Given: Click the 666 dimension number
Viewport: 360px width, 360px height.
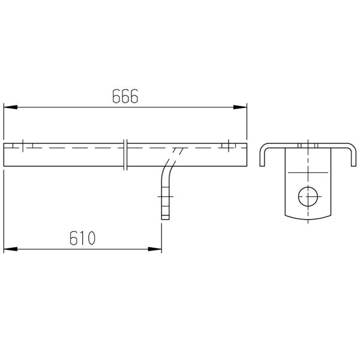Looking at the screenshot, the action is pos(125,96).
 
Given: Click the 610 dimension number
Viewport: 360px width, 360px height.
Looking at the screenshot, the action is pos(82,238).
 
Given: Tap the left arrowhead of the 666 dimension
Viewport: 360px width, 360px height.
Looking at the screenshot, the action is pos(11,107).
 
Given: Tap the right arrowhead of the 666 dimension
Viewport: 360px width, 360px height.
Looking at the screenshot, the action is pos(240,107).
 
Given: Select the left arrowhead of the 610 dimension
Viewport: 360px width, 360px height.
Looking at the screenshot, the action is pos(11,249).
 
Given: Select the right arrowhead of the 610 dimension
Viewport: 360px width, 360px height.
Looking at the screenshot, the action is pos(155,249).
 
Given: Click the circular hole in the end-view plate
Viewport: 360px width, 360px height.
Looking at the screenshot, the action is pos(308,197).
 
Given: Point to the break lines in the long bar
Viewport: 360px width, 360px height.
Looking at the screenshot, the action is pos(125,155).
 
